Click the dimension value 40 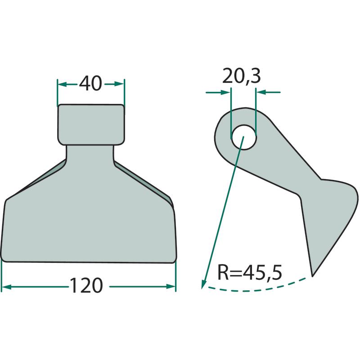coord(90,83)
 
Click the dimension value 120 coord(86,285)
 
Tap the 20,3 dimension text coord(242,76)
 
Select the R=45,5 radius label coord(250,273)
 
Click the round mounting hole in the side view coord(243,137)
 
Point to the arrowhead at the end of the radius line coord(203,284)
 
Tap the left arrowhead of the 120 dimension coord(6,287)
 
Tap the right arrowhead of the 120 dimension coord(171,287)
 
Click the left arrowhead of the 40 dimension coord(62,84)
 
